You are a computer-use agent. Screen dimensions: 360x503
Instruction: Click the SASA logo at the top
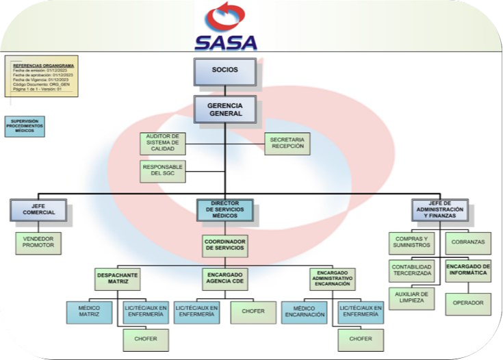tap(226, 29)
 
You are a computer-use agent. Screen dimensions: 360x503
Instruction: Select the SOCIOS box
tap(225, 71)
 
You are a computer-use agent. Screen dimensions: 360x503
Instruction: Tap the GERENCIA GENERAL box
tap(225, 109)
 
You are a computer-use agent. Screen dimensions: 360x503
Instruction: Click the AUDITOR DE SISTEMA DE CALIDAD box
tap(162, 142)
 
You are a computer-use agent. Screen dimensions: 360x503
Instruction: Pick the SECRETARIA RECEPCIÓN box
tap(287, 142)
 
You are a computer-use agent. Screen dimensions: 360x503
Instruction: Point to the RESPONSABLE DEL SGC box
tap(162, 170)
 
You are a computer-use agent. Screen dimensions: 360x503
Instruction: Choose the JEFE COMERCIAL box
tap(42, 209)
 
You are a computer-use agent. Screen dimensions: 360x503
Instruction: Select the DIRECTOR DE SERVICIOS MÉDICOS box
tap(225, 210)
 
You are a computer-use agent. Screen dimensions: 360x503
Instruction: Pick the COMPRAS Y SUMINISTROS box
tap(412, 242)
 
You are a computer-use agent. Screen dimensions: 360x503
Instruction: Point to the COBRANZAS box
tap(468, 242)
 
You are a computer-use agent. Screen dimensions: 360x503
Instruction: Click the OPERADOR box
tap(468, 302)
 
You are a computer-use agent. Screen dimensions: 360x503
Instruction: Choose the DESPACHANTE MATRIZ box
tap(118, 279)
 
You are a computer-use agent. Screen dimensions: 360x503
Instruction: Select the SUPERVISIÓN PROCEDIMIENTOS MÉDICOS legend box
tap(25, 127)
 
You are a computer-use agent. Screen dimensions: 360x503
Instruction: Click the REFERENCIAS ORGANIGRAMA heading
tap(40, 65)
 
